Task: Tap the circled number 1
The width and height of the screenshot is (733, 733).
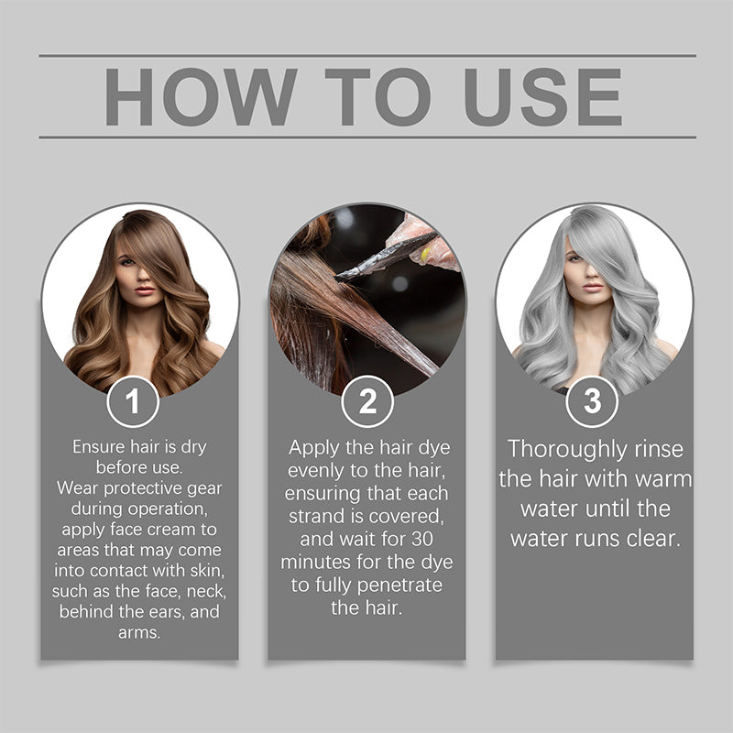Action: (132, 401)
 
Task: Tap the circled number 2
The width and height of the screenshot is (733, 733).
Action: (366, 401)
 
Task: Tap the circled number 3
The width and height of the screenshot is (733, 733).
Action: (592, 401)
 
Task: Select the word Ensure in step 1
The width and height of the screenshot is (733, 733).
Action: (97, 447)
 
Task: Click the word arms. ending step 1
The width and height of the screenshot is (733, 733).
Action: (139, 633)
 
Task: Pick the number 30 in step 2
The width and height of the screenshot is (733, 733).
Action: (433, 539)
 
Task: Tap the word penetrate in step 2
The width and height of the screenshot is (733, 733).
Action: (398, 585)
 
